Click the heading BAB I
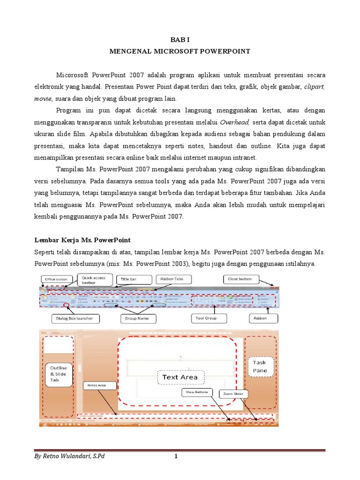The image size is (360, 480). [180, 40]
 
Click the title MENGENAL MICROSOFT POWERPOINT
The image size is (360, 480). [180, 52]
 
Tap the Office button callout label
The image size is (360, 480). [55, 279]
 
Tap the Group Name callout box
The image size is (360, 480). [136, 319]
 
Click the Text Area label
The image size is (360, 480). [180, 377]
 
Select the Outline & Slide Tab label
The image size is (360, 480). [59, 374]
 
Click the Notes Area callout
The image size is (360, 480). [96, 385]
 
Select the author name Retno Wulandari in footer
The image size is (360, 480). [69, 457]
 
